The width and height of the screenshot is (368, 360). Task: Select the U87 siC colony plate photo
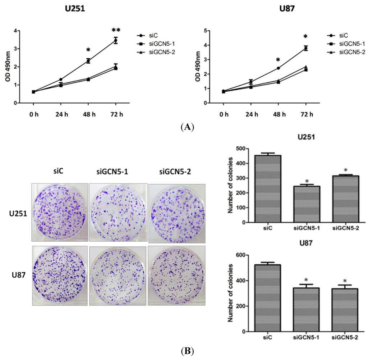pyautogui.click(x=60, y=275)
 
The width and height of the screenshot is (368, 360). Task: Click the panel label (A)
pyautogui.click(x=188, y=127)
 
